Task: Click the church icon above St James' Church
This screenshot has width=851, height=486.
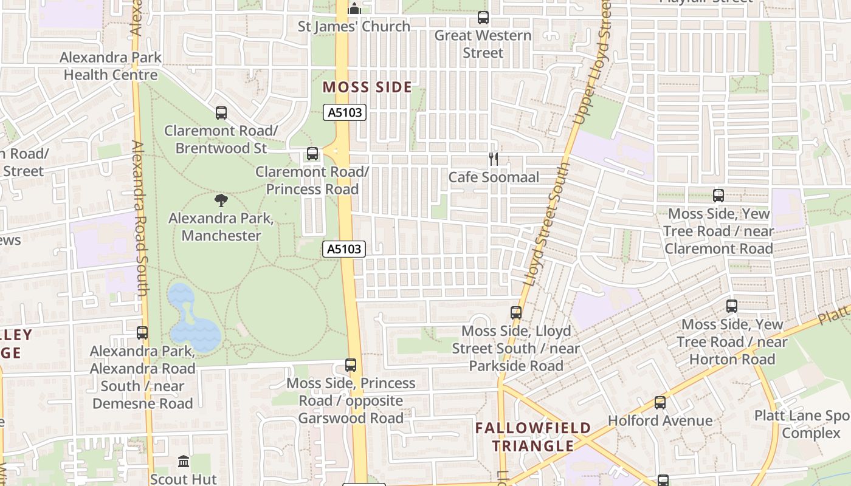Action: pos(354,8)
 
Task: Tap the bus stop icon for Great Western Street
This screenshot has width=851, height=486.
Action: pos(483,18)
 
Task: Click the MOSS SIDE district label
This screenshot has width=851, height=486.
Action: pos(367,87)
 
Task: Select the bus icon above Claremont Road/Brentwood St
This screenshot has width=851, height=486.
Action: pos(221,112)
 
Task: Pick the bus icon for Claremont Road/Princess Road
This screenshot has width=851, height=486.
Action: pos(312,154)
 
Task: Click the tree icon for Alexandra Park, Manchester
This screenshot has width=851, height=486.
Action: pos(221,200)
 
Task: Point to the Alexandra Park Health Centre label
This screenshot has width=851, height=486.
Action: pos(111,66)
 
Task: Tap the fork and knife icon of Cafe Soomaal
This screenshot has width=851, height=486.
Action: pos(494,159)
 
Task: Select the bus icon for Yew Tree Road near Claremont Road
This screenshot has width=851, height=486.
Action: pos(718,196)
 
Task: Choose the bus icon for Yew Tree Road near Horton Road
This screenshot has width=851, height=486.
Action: pos(732,306)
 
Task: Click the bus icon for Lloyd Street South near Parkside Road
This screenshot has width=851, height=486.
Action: pos(516,313)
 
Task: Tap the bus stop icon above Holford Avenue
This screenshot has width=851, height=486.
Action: pos(660,402)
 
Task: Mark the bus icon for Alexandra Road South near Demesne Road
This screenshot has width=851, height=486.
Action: pos(142,333)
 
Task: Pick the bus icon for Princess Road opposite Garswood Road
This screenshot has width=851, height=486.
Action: pos(351,365)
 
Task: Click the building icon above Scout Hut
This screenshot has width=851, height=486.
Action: pos(184,462)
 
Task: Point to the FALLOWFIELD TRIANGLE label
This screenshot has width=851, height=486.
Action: pos(533,437)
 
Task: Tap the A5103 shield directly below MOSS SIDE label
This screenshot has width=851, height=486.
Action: pos(345,112)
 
